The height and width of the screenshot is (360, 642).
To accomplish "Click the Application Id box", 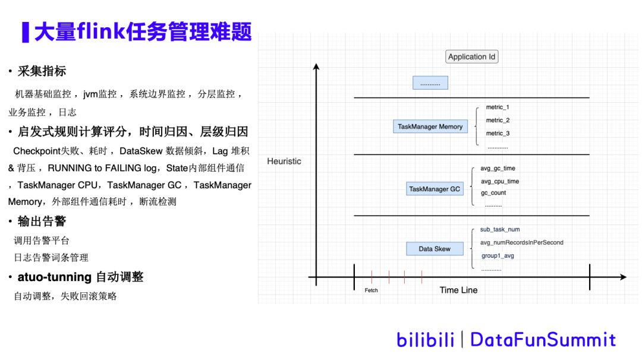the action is tap(472, 57).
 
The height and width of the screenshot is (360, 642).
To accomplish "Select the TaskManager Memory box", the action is tap(430, 127).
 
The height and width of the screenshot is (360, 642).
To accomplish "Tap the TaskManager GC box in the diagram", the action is tap(435, 189).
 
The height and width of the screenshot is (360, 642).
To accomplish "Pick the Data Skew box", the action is tap(435, 249).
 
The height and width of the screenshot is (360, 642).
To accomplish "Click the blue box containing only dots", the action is tap(430, 83).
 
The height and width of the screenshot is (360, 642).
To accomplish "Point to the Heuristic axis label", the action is tap(284, 162).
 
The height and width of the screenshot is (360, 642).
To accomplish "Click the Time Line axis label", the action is tap(458, 290).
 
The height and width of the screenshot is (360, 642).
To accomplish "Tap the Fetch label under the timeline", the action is tap(372, 290).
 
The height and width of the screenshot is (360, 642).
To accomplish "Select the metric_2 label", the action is tap(498, 121).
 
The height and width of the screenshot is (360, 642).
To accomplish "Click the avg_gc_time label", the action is tap(498, 169).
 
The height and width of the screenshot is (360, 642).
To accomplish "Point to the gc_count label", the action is tap(493, 193).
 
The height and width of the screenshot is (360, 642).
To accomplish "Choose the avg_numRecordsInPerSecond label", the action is tap(521, 242).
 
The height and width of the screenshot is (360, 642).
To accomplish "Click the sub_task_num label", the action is tap(500, 230).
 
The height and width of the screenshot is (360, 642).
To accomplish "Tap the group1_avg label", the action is tap(498, 256).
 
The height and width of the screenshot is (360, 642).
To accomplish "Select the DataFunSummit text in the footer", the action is tap(543, 340).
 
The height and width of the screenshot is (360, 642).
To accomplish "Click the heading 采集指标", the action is tap(42, 71).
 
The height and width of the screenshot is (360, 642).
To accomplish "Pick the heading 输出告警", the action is tap(42, 222).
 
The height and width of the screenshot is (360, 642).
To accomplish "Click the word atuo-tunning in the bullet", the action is tap(55, 277).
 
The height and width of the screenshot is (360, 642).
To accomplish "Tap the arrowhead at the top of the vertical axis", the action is tap(316, 68).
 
